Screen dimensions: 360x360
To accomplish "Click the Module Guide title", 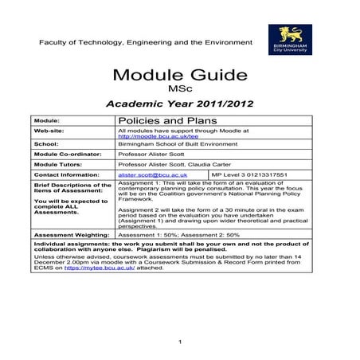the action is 179,77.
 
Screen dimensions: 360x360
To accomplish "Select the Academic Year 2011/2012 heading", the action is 179,104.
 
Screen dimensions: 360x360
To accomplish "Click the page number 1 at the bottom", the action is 182,342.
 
